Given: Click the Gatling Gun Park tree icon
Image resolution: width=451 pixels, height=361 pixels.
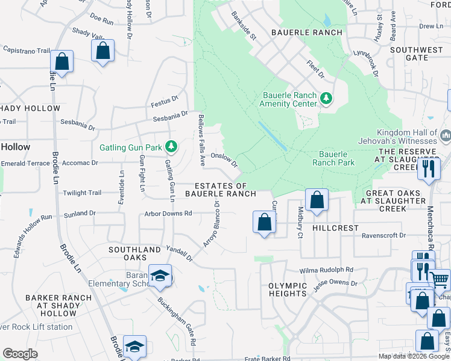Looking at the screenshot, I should tap(172, 146).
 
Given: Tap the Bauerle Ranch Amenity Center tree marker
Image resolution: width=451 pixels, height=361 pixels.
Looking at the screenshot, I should tap(326, 98).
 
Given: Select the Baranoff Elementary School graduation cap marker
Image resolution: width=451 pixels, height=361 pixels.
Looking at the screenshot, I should tap(160, 276).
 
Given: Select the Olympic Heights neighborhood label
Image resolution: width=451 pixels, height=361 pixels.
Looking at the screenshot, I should tap(288, 289).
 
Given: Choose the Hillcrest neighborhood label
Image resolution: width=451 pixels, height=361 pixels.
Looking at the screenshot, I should tap(336, 229).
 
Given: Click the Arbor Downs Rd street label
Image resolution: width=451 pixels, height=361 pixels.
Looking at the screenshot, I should tap(168, 214).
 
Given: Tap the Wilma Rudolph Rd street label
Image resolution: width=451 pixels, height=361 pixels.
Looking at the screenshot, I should tap(327, 271).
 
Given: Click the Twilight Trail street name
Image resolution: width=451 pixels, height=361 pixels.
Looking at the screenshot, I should tap(83, 193).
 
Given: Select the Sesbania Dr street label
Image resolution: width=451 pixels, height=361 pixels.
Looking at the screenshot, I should tap(75, 128).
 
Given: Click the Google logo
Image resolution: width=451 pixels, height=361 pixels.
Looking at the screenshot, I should tap(20, 354).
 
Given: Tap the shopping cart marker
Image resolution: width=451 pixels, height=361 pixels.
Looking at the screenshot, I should tap(440, 279).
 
